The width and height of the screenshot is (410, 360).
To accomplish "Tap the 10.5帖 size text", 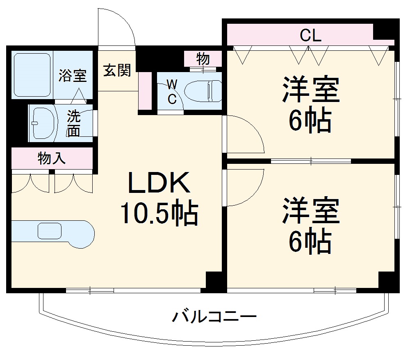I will click(159, 213).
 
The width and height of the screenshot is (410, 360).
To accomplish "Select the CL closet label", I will click(310, 36).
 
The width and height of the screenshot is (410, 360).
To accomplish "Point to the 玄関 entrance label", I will click(117, 70).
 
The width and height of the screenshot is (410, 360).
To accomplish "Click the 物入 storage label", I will click(52, 158).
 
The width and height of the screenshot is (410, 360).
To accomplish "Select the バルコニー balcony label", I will click(214, 317).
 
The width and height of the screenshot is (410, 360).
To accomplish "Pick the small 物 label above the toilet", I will click(203, 59).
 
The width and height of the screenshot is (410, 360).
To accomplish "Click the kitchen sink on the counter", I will click(49, 231).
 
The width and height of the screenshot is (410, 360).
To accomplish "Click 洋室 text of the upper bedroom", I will click(310, 91).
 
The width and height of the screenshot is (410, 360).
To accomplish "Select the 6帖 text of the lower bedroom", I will click(310, 242).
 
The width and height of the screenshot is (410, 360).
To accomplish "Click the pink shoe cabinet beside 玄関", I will click(144, 91).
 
